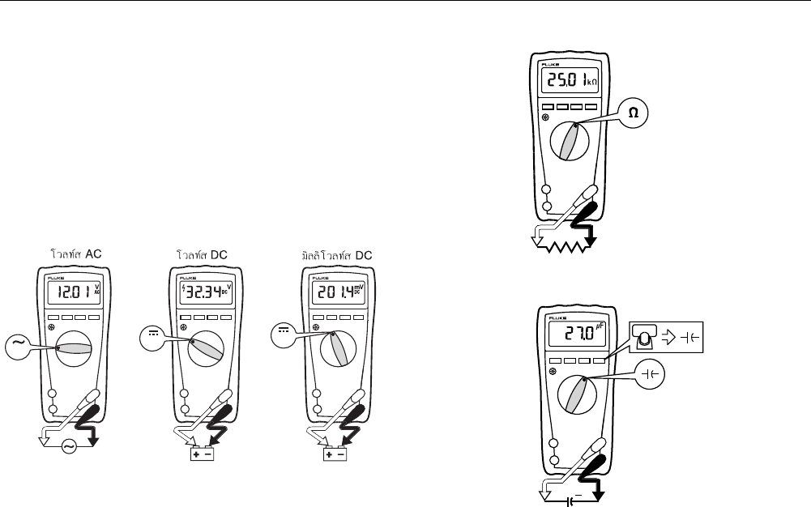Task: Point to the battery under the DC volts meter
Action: click(202, 454)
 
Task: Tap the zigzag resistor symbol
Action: click(570, 245)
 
